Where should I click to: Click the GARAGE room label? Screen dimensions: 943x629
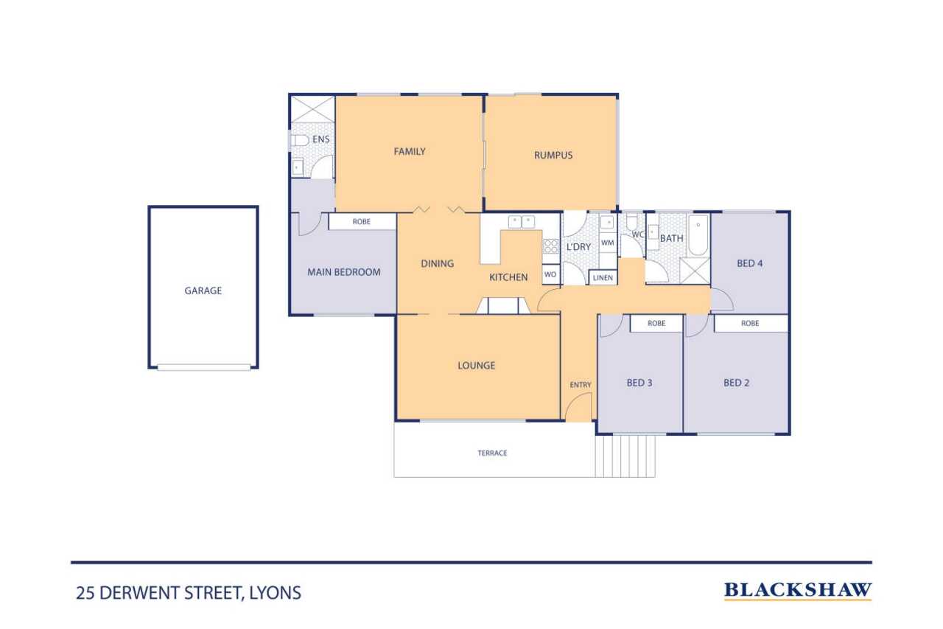[203, 291]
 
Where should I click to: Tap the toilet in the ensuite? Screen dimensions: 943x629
[299, 140]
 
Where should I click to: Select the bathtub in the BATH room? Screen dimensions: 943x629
[698, 235]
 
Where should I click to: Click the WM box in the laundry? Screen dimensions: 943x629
[608, 243]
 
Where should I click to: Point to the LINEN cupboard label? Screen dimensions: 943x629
[603, 278]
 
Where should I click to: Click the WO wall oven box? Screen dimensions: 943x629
[550, 274]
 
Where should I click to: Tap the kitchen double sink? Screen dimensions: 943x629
[522, 222]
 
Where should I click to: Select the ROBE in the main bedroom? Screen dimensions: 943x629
[362, 222]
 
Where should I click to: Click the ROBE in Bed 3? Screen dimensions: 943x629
[656, 323]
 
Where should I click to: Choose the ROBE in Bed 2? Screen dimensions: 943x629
[751, 323]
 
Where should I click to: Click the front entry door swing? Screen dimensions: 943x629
[579, 406]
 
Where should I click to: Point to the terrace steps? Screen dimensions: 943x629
[625, 456]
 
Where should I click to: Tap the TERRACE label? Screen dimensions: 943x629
[492, 453]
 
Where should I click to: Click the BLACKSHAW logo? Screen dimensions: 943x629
[798, 591]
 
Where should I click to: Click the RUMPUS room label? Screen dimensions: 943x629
[553, 155]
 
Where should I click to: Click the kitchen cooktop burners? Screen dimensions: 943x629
[550, 246]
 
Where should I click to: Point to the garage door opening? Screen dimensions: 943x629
[204, 367]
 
